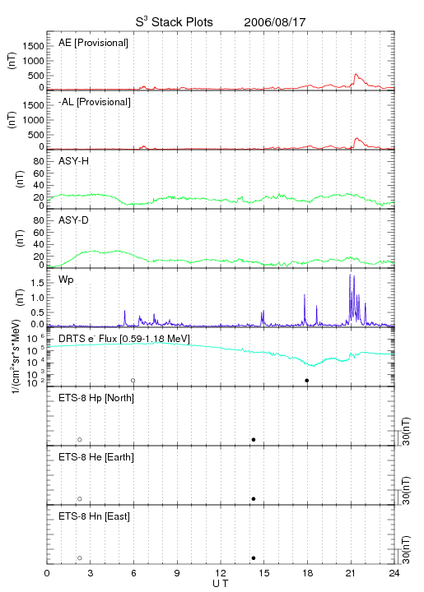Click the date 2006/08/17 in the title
point(274,22)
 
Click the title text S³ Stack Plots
point(175,22)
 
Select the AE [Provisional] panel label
point(93,43)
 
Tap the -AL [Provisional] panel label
point(95,102)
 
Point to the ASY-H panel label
point(74,161)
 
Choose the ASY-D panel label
point(74,220)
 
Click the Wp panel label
point(66,280)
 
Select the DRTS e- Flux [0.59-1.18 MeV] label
point(124,339)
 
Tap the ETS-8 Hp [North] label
point(96,398)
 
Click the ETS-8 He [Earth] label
point(96,457)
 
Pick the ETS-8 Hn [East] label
point(94,516)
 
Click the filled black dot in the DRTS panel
point(307,381)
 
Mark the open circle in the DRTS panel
point(133,381)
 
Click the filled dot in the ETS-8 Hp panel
point(254,439)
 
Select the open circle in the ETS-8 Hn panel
point(80,558)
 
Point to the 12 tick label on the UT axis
point(221,573)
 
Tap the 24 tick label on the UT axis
point(394,573)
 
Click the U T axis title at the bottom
point(221,584)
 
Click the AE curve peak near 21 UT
point(355,74)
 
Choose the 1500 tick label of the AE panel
point(33,46)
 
